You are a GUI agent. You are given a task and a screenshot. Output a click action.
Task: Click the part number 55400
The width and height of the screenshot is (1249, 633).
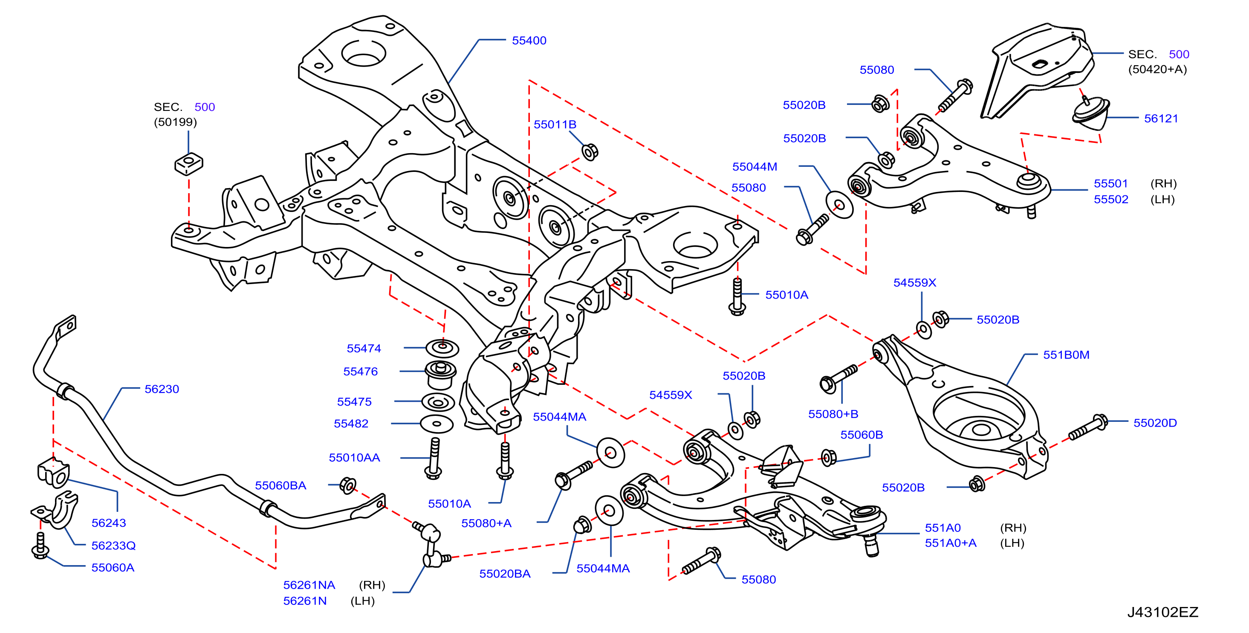click(529, 41)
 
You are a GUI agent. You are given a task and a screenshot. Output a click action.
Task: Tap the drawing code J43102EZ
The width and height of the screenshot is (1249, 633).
click(1162, 612)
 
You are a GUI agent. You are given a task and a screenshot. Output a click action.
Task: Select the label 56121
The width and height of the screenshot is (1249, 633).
click(1161, 118)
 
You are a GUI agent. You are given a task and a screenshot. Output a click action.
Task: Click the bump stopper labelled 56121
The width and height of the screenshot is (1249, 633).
click(1090, 114)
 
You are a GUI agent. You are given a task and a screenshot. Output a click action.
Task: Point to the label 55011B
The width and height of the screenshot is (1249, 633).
click(555, 125)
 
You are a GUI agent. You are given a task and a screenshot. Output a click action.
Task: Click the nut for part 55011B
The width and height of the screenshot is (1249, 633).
click(590, 152)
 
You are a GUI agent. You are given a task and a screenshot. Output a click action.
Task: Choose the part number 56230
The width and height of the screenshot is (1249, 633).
click(162, 389)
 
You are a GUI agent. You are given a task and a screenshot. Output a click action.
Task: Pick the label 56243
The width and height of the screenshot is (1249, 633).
click(109, 523)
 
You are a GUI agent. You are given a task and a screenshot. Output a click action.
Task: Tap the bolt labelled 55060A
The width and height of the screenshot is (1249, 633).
click(40, 546)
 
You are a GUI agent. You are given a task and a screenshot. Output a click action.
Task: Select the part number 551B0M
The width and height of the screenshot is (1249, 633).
click(1066, 355)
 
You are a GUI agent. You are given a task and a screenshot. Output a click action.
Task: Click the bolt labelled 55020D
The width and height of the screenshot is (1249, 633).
click(1089, 427)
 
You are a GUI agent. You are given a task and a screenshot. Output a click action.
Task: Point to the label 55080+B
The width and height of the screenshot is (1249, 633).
click(833, 414)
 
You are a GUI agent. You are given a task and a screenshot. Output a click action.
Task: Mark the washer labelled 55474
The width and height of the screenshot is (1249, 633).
click(442, 348)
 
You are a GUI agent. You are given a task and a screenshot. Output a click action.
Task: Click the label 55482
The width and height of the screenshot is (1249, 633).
click(351, 424)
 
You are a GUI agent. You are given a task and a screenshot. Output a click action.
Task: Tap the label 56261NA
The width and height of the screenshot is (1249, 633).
click(309, 586)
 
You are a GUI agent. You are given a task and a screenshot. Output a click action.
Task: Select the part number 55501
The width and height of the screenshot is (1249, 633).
click(1111, 184)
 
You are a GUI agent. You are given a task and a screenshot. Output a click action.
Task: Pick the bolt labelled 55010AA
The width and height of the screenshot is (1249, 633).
click(434, 459)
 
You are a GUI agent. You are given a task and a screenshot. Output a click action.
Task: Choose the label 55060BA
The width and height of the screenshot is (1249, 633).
click(280, 485)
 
